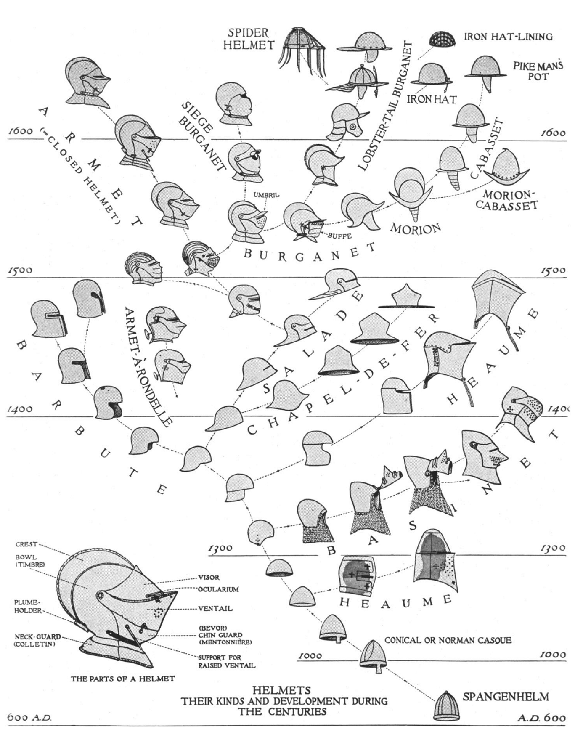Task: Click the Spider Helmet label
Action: (248, 39)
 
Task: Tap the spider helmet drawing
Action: (298, 48)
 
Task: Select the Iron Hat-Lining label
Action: (508, 37)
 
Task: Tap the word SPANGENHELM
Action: (506, 697)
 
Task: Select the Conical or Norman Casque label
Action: (448, 640)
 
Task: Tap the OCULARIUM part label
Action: (218, 589)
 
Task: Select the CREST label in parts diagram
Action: (26, 544)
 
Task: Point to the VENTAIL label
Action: (215, 608)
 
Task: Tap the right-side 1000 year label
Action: (552, 655)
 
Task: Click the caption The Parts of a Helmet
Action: (122, 678)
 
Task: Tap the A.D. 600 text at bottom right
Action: (542, 718)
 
